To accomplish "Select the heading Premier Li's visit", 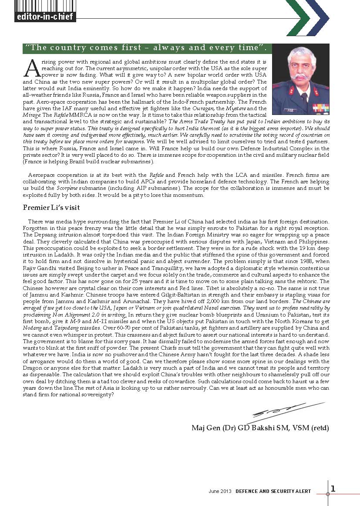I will click(51, 208).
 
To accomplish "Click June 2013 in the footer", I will click(220, 491).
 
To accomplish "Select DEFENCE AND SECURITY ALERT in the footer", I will click(273, 491).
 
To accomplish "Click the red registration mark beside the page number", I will click(328, 494).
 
